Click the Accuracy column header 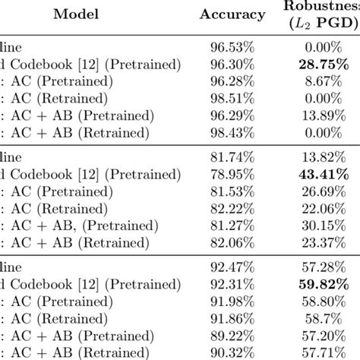tap(233, 14)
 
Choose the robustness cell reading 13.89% tap(324, 125)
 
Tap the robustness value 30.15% tap(324, 226)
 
